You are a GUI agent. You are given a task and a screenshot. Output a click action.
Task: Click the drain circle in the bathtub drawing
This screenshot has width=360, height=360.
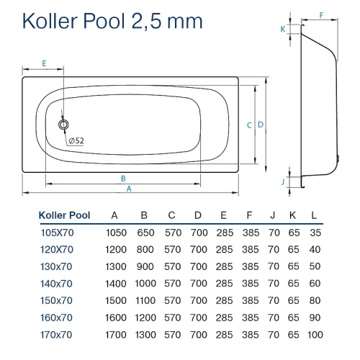tap(63, 125)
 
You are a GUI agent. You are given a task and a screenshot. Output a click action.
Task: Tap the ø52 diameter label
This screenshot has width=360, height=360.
tap(76, 140)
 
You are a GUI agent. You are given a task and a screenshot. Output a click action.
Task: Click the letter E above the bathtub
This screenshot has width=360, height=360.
tap(44, 63)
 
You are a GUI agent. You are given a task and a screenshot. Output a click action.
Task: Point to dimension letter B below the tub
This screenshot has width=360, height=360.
tap(123, 179)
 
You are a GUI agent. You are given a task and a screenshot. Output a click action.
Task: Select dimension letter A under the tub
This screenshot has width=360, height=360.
tap(129, 189)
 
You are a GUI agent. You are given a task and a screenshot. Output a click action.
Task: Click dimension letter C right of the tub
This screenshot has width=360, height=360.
tap(249, 125)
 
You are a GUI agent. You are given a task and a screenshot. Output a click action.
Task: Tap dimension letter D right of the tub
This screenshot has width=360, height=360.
tap(261, 125)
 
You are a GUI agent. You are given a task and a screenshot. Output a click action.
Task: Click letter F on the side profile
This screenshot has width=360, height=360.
tap(321, 15)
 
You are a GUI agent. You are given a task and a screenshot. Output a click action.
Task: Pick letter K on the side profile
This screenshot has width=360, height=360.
tap(283, 29)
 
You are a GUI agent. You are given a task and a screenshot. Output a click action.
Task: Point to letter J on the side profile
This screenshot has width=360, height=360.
tap(283, 181)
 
